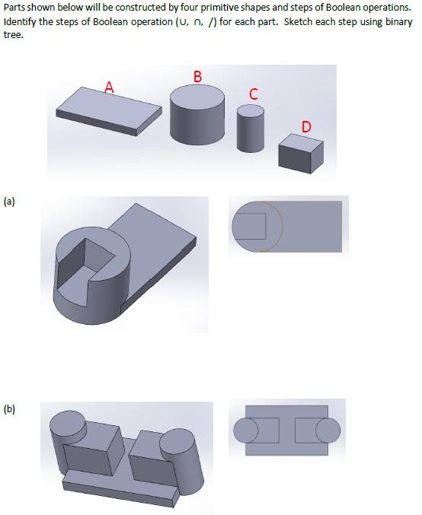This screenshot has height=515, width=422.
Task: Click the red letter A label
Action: (110, 87)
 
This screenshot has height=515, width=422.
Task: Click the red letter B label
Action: (198, 76)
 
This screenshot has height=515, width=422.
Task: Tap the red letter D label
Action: (305, 126)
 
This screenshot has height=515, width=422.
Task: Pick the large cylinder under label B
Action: (197, 112)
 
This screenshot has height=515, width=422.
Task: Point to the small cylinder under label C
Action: (251, 128)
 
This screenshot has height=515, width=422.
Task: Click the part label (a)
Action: (9, 202)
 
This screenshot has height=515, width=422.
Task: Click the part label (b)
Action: (9, 409)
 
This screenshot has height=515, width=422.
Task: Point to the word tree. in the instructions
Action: (13, 34)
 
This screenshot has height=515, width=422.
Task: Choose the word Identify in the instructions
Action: (21, 21)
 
